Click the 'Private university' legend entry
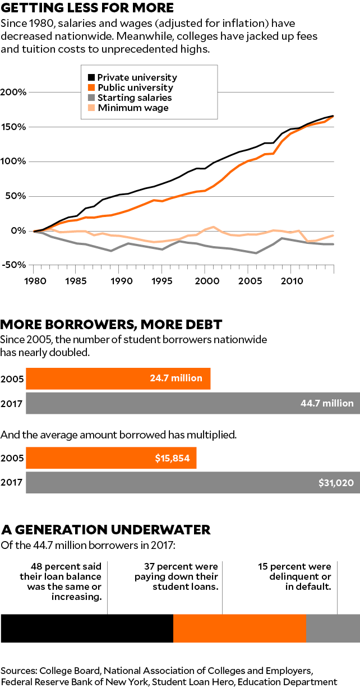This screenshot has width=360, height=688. [137, 77]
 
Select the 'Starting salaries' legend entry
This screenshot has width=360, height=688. [135, 98]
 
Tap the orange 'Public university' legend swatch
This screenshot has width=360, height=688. [91, 87]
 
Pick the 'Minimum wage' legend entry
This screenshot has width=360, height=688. [133, 108]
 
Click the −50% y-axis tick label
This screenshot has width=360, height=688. [13, 265]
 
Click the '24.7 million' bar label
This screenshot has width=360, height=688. [176, 378]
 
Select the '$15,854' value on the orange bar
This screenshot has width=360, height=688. [172, 458]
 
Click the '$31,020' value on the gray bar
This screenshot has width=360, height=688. [335, 483]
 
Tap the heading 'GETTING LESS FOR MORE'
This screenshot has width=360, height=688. [87, 8]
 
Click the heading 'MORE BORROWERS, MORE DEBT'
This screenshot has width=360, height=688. [112, 325]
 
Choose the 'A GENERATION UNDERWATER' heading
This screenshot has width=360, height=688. [106, 529]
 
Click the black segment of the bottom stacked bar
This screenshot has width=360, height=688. [87, 627]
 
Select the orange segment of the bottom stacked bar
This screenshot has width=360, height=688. [239, 627]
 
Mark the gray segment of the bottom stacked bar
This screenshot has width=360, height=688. [333, 627]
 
